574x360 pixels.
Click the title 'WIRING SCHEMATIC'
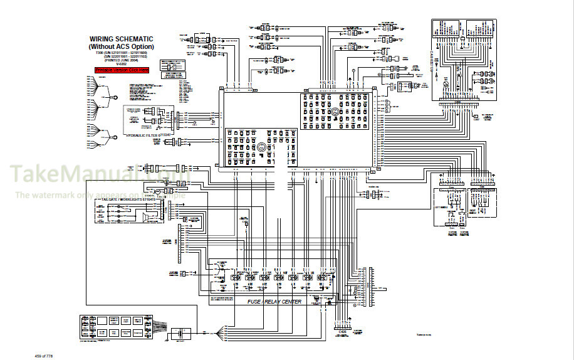tap(122, 39)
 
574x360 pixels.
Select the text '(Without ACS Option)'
tap(122, 46)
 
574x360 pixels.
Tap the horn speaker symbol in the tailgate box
tap(146, 218)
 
